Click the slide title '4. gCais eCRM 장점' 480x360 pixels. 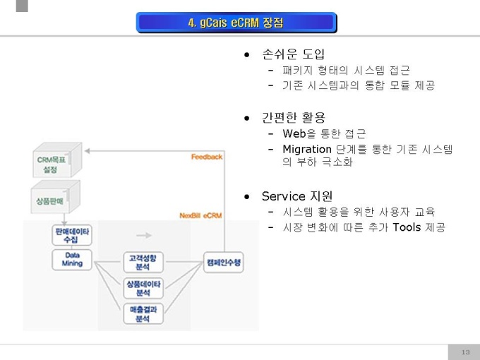point(236,23)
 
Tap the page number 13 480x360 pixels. point(464,352)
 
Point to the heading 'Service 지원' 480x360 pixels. point(296,196)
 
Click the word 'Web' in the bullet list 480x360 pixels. point(294,133)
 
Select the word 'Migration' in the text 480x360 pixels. point(306,149)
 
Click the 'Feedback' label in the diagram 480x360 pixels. point(206,157)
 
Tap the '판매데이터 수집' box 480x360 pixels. point(71,235)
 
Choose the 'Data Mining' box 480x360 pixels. point(72,259)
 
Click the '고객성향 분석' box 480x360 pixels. point(143,263)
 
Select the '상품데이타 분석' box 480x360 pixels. point(143,287)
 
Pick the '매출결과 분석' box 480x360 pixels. point(143,313)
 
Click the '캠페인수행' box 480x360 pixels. point(223,262)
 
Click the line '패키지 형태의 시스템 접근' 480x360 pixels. point(345,70)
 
